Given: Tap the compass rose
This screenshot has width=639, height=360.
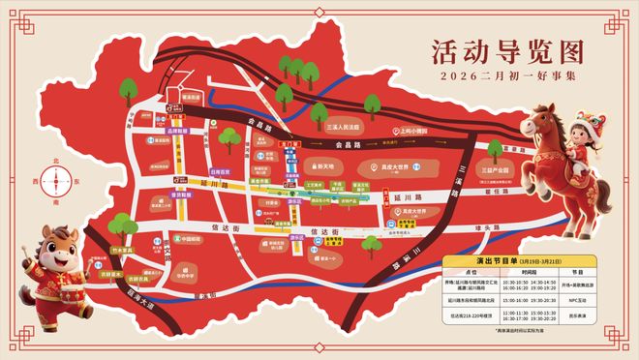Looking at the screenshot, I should coord(62,181).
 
